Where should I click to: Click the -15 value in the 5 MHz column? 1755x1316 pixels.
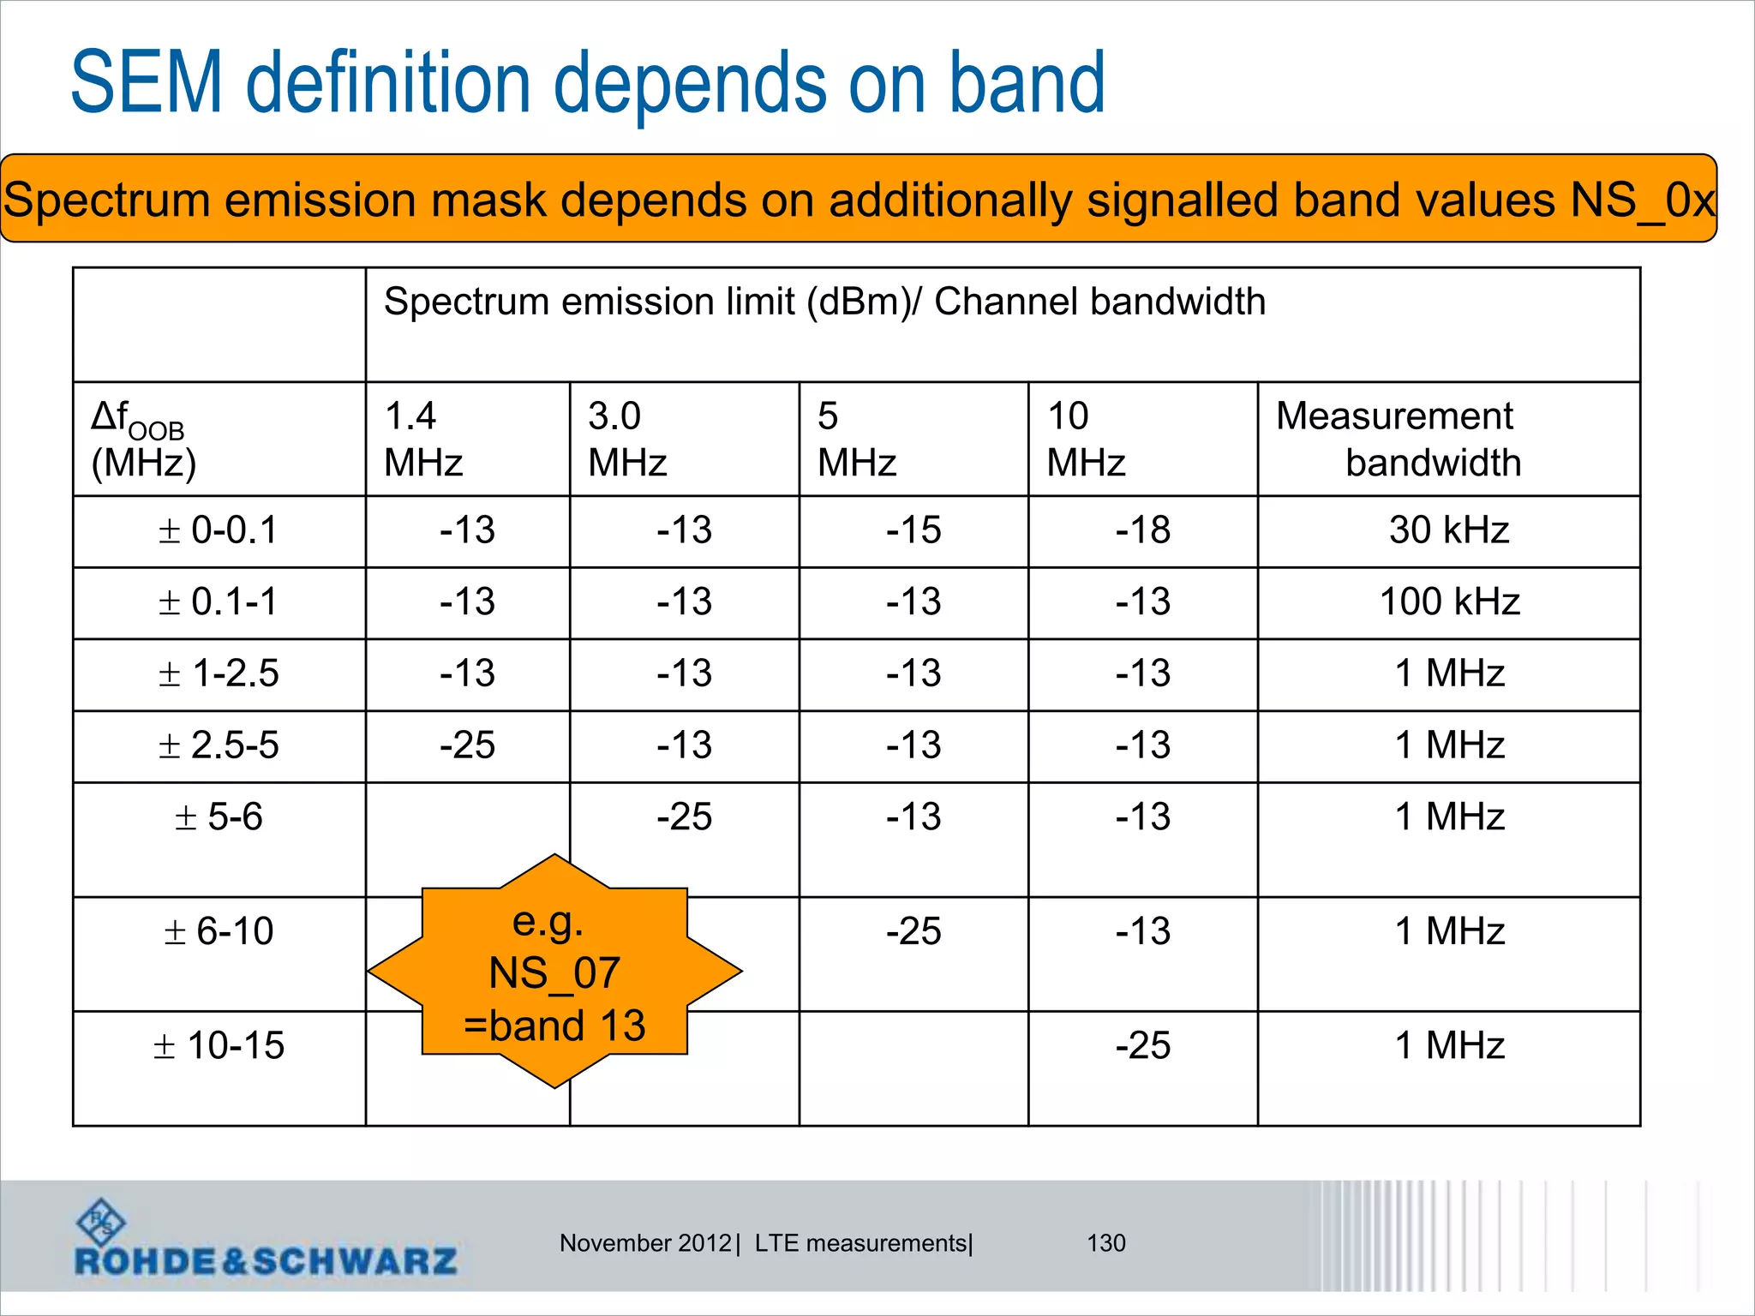[913, 530]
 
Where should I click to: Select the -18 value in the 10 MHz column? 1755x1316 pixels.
[1142, 530]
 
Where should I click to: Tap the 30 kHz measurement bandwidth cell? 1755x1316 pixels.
[1449, 530]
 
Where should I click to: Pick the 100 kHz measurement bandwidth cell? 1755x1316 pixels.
[1449, 602]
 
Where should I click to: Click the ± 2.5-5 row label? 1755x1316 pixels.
[219, 745]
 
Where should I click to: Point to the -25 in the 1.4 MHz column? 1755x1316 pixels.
[467, 745]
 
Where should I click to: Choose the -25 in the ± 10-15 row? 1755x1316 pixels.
[1142, 1046]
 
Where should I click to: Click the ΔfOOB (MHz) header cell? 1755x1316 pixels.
[144, 440]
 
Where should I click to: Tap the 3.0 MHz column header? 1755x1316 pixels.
[626, 440]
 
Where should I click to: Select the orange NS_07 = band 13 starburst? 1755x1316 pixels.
[554, 972]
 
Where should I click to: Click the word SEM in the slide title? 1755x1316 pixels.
[147, 83]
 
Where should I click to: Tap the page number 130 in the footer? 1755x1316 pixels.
[1106, 1243]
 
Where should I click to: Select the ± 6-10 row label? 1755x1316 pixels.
[219, 931]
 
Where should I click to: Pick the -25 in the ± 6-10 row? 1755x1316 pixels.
[913, 931]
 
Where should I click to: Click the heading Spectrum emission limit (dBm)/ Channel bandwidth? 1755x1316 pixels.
[824, 302]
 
